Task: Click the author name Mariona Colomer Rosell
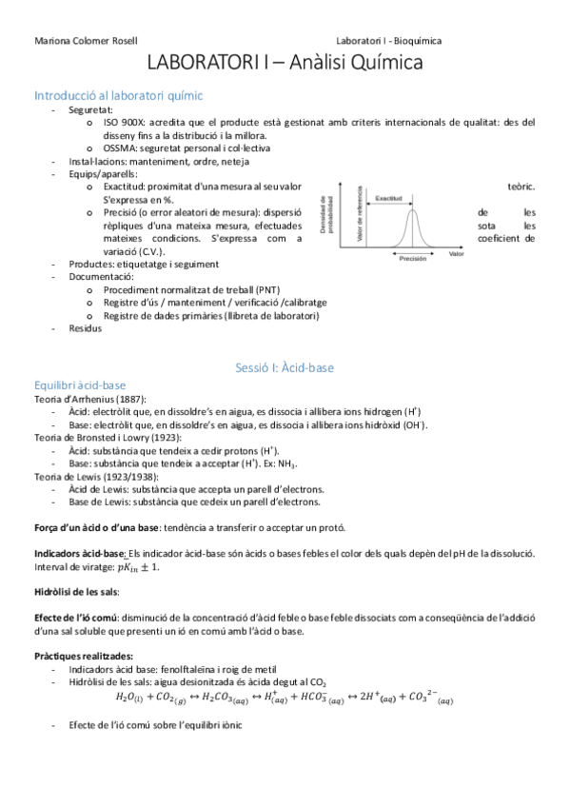86,41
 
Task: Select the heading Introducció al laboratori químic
117,95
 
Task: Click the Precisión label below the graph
412,258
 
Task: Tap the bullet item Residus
85,328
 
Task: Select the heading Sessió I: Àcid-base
285,366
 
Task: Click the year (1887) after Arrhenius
132,398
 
